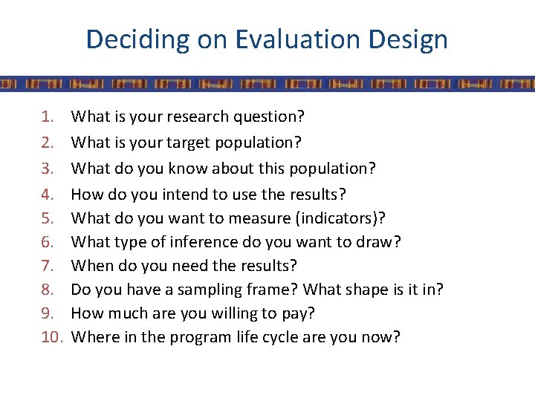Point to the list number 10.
point(52,337)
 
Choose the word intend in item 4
point(180,194)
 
